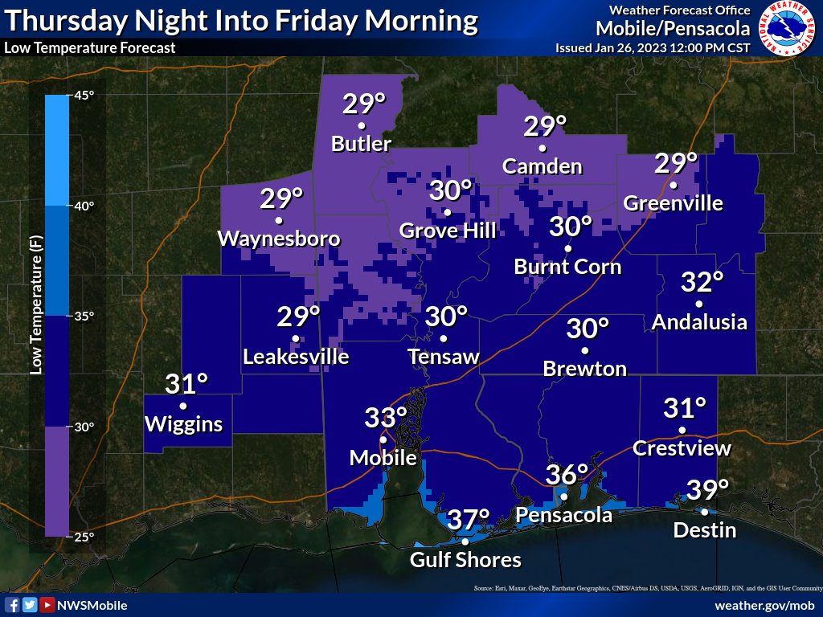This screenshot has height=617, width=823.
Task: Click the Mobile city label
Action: (383, 458)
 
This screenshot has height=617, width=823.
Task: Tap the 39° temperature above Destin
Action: (707, 488)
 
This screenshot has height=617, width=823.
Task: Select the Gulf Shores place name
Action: (466, 560)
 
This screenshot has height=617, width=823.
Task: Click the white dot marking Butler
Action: (362, 126)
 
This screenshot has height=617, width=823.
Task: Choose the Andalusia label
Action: (699, 322)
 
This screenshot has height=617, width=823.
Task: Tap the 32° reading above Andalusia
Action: (702, 283)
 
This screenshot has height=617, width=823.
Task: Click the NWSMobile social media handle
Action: (91, 605)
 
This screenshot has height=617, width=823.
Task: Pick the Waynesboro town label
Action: (279, 239)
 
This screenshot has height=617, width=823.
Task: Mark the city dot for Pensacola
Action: (564, 496)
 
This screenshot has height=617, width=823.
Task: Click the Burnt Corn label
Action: (567, 266)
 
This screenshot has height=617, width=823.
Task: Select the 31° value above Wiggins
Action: (186, 385)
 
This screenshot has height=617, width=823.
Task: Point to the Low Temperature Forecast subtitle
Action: (89, 47)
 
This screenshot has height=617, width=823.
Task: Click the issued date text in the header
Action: (653, 47)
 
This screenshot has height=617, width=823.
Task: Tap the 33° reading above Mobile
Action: (386, 418)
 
